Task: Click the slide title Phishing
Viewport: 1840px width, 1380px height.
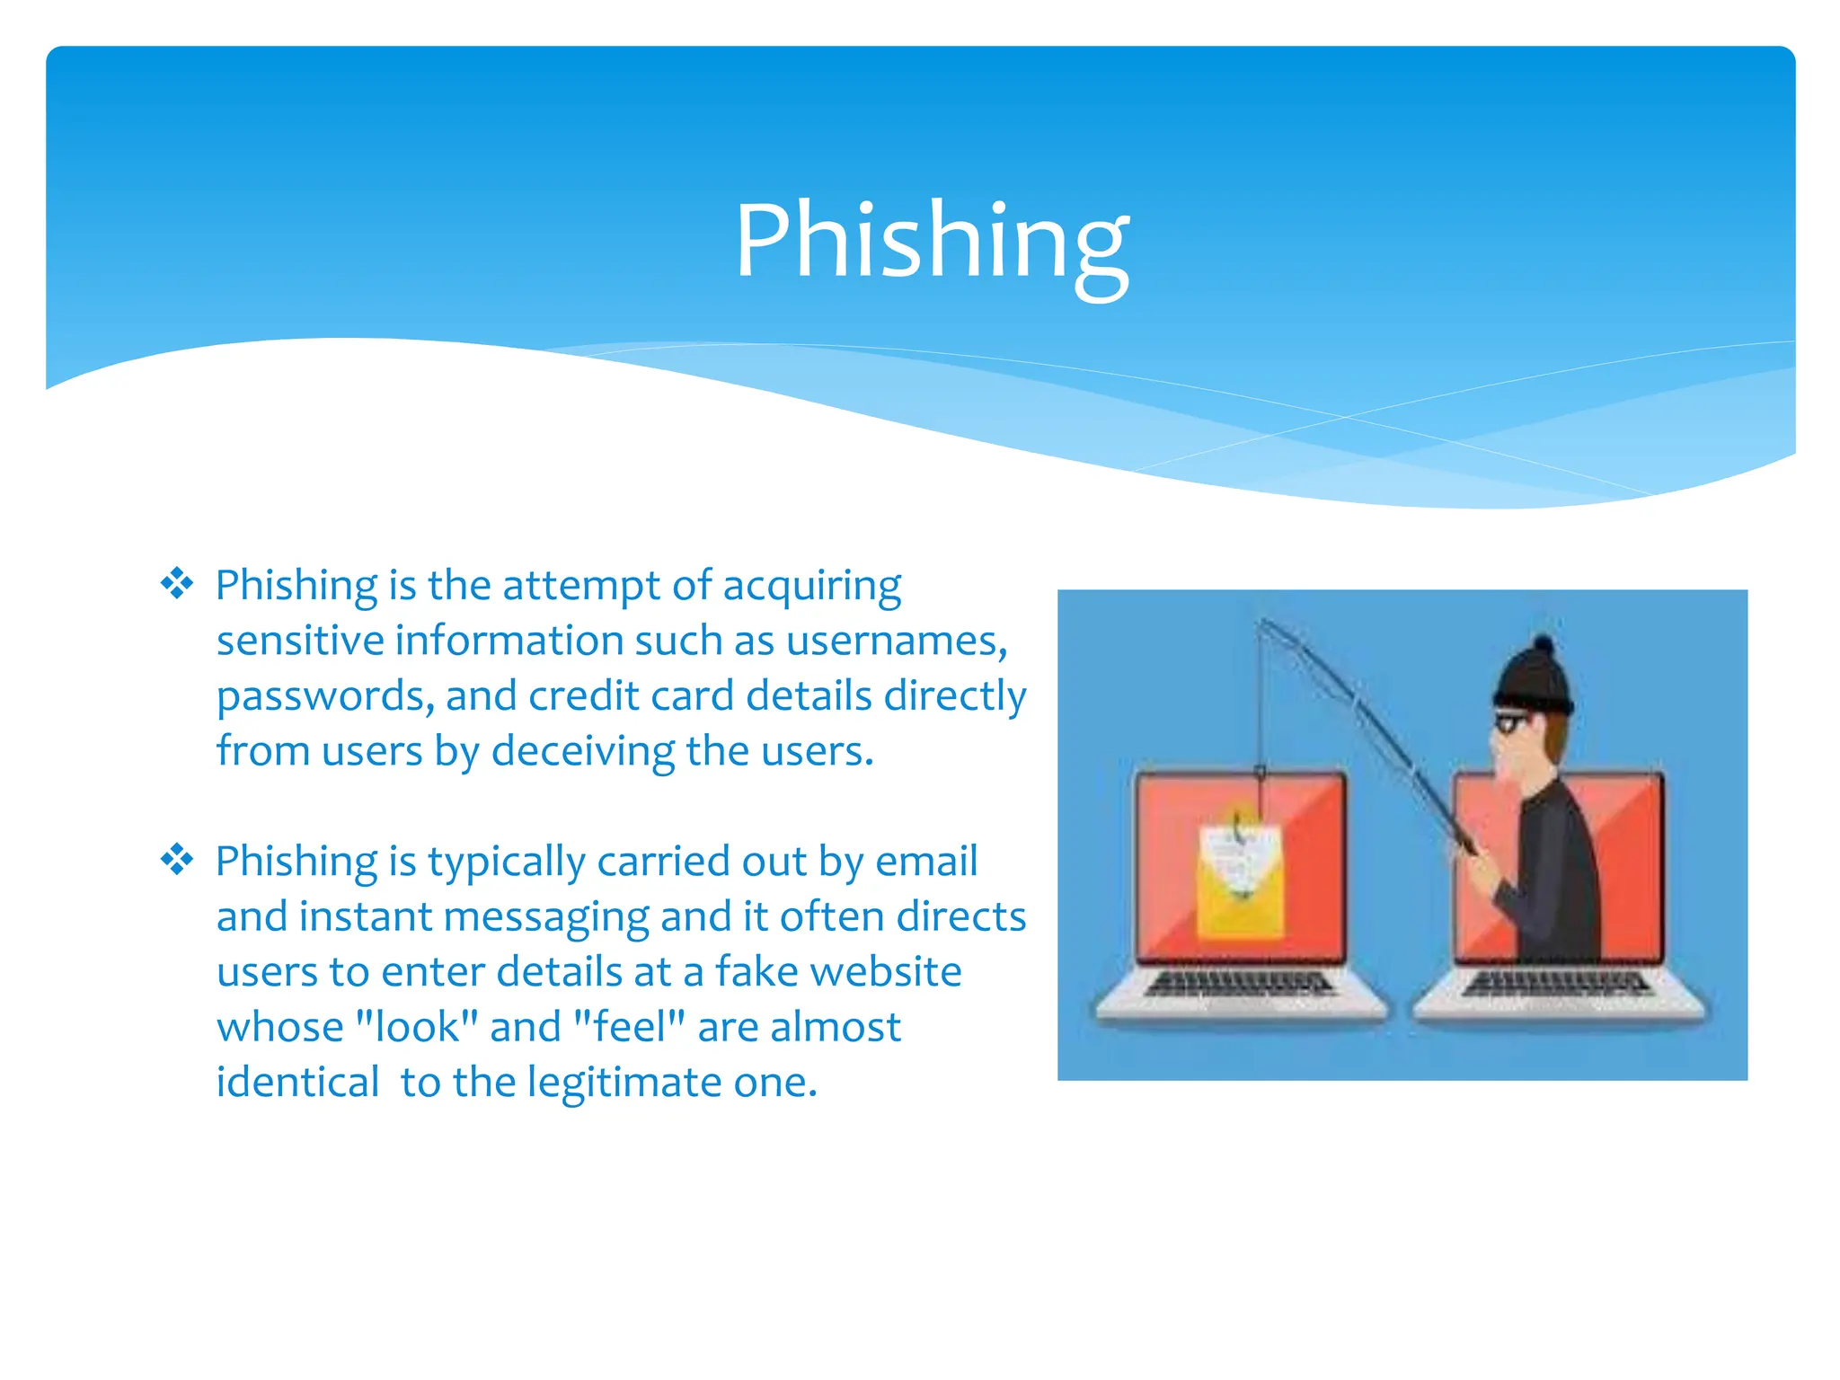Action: tap(932, 241)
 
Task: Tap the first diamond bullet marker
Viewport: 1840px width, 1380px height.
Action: tap(177, 584)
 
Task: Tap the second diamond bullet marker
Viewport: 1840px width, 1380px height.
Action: tap(177, 860)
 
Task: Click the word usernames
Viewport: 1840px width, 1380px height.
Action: tap(896, 641)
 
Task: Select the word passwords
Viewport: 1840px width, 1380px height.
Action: tap(324, 697)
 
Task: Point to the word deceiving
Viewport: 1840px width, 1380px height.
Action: tap(582, 752)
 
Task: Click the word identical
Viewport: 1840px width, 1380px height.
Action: tap(297, 1083)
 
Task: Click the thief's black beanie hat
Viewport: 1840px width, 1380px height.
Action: tap(1535, 678)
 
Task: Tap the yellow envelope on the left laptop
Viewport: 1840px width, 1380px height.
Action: tap(1240, 885)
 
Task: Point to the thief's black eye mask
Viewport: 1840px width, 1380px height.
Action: tap(1512, 721)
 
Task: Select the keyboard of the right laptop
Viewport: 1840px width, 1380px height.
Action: tap(1556, 984)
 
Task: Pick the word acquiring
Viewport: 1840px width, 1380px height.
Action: tap(811, 586)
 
